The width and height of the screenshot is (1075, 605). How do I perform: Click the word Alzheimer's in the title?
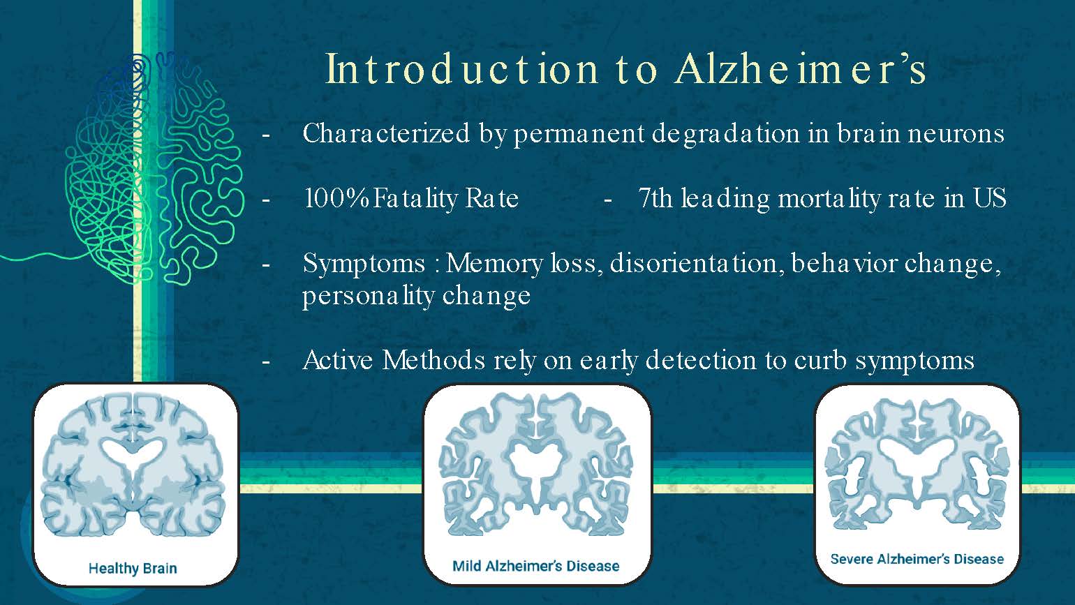coord(801,69)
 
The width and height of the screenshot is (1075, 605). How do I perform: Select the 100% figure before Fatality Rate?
coord(336,199)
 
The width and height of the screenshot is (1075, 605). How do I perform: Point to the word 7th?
coord(655,199)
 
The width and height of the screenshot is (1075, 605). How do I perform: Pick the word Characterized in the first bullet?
coord(386,133)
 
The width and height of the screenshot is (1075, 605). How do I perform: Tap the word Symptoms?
coord(364,264)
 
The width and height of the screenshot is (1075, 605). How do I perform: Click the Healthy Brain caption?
coord(133,568)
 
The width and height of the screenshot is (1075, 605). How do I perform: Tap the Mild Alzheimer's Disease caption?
coord(535,566)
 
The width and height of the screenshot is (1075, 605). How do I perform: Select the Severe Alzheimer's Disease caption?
coord(917,559)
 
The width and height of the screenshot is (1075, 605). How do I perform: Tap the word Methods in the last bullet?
coord(433,361)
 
